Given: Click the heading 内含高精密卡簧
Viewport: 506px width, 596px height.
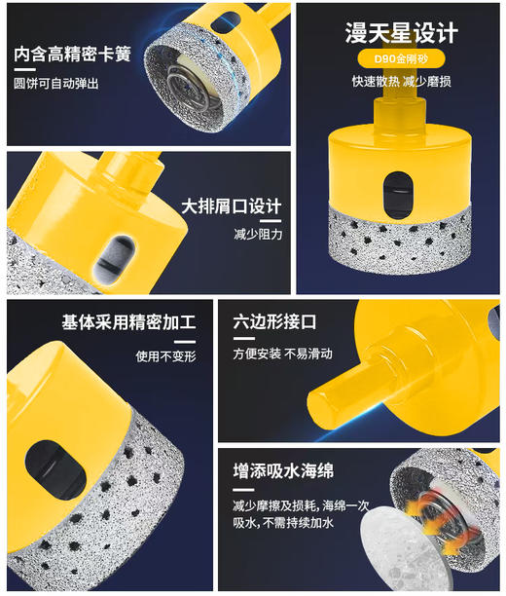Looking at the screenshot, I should coord(73,54).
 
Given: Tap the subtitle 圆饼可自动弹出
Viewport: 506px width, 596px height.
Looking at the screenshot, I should coord(56,84).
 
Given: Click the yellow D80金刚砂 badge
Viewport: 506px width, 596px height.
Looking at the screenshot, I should coord(401,58).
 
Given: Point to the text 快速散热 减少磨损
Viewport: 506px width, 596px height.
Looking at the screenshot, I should coord(401,81).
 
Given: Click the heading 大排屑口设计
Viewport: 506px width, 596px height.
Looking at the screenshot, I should coord(232,206).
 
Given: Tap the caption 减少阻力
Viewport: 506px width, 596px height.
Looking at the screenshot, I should coord(257,235).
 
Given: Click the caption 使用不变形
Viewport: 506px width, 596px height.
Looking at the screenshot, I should coord(165,355).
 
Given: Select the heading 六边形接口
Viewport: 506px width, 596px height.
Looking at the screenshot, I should coord(275,322).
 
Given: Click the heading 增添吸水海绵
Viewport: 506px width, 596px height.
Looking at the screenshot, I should coord(283,470).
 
